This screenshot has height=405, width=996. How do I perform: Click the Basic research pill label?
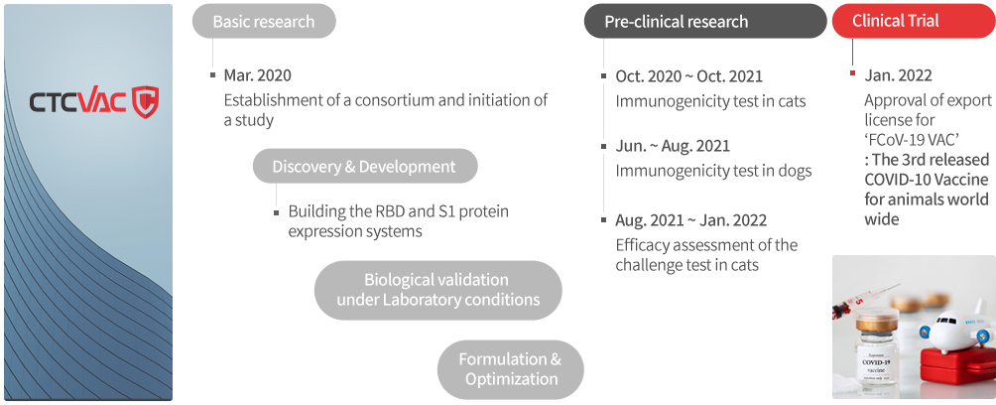(x=264, y=21)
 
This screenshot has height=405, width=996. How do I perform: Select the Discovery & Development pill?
(x=365, y=167)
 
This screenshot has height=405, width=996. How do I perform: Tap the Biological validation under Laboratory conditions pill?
(x=438, y=290)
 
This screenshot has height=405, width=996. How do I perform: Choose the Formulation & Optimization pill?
(x=511, y=369)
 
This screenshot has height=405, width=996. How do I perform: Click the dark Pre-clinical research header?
(x=705, y=21)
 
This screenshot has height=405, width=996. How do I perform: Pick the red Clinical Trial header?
(x=914, y=21)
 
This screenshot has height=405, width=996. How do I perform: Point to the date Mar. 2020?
(x=257, y=75)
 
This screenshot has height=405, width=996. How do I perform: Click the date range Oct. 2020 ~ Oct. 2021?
(x=688, y=76)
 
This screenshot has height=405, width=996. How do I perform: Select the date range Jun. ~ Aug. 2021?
(x=673, y=146)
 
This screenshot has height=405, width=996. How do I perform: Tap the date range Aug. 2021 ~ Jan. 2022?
(x=691, y=220)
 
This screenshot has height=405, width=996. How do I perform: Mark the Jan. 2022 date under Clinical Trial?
(x=898, y=75)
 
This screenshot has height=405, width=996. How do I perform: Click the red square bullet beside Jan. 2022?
(x=852, y=73)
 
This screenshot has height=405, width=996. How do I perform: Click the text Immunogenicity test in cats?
(x=710, y=101)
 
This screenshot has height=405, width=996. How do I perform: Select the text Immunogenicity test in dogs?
(x=713, y=171)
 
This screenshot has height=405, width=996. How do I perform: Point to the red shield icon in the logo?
(x=145, y=102)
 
